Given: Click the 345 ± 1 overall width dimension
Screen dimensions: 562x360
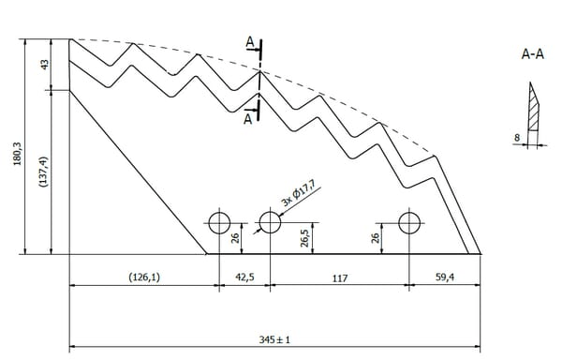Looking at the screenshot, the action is (274, 339).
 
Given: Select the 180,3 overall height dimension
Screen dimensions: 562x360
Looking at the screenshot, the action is (17, 154).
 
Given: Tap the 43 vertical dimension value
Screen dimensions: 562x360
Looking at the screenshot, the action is (44, 65).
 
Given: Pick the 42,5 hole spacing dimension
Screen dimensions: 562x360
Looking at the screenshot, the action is (244, 277).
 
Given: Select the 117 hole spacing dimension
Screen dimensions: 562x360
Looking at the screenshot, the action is (340, 278).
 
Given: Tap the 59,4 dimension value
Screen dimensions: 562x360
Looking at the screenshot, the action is (445, 277).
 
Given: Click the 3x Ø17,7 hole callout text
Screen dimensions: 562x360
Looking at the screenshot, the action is (298, 194).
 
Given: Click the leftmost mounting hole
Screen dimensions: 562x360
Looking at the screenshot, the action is (219, 223).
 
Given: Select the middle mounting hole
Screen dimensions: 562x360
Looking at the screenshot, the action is (270, 222).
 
